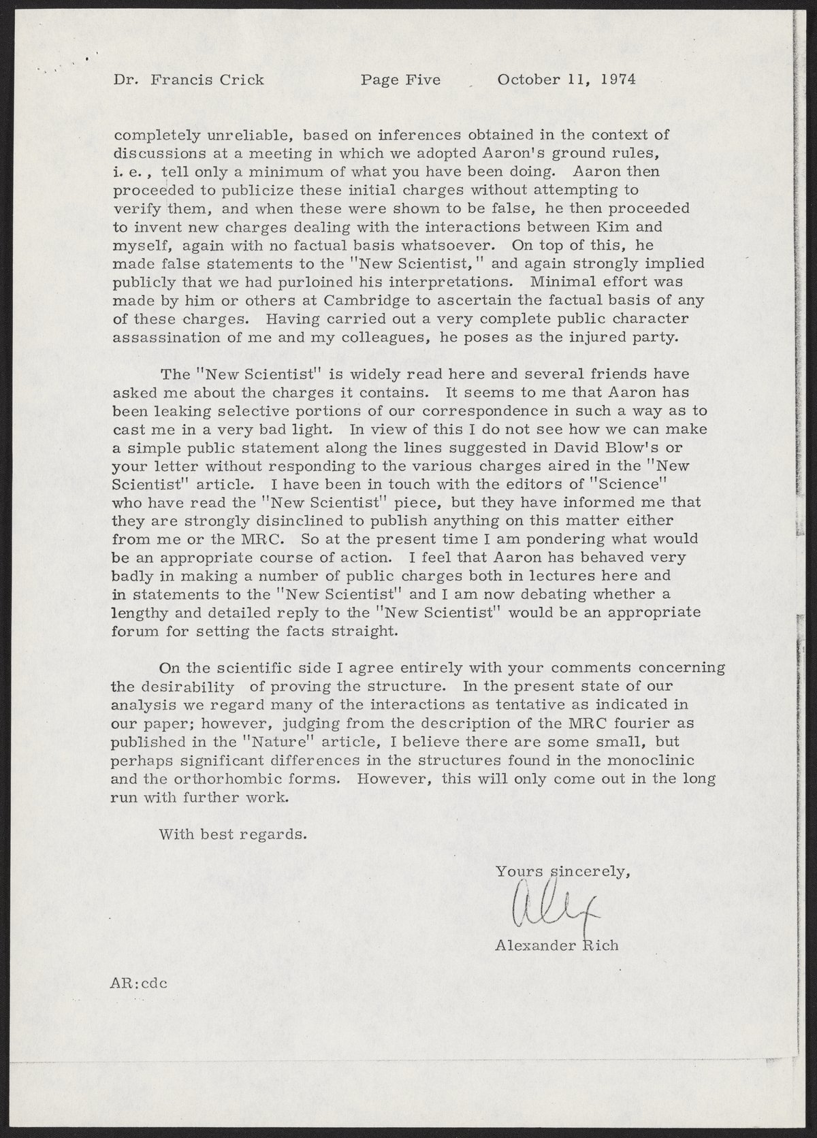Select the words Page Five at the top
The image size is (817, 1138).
point(400,80)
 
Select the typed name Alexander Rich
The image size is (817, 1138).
point(557,945)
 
